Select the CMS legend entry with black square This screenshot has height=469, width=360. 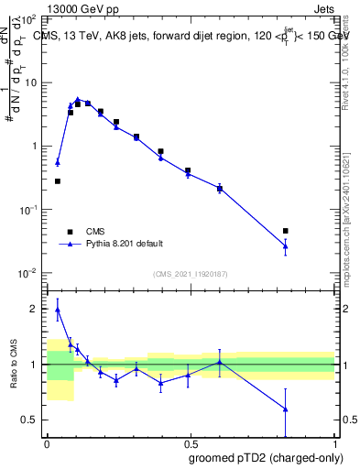tap(95, 231)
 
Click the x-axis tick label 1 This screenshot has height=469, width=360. tap(335, 442)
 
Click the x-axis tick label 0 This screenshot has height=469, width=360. tap(47, 442)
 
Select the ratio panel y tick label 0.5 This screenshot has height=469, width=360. tap(30, 420)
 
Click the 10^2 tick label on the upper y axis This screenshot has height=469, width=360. tap(28, 19)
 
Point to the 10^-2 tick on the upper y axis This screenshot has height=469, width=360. tap(28, 273)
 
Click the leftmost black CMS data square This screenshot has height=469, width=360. tap(58, 181)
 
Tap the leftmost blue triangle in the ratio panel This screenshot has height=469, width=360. tap(58, 310)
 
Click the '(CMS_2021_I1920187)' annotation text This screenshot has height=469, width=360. tap(191, 273)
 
